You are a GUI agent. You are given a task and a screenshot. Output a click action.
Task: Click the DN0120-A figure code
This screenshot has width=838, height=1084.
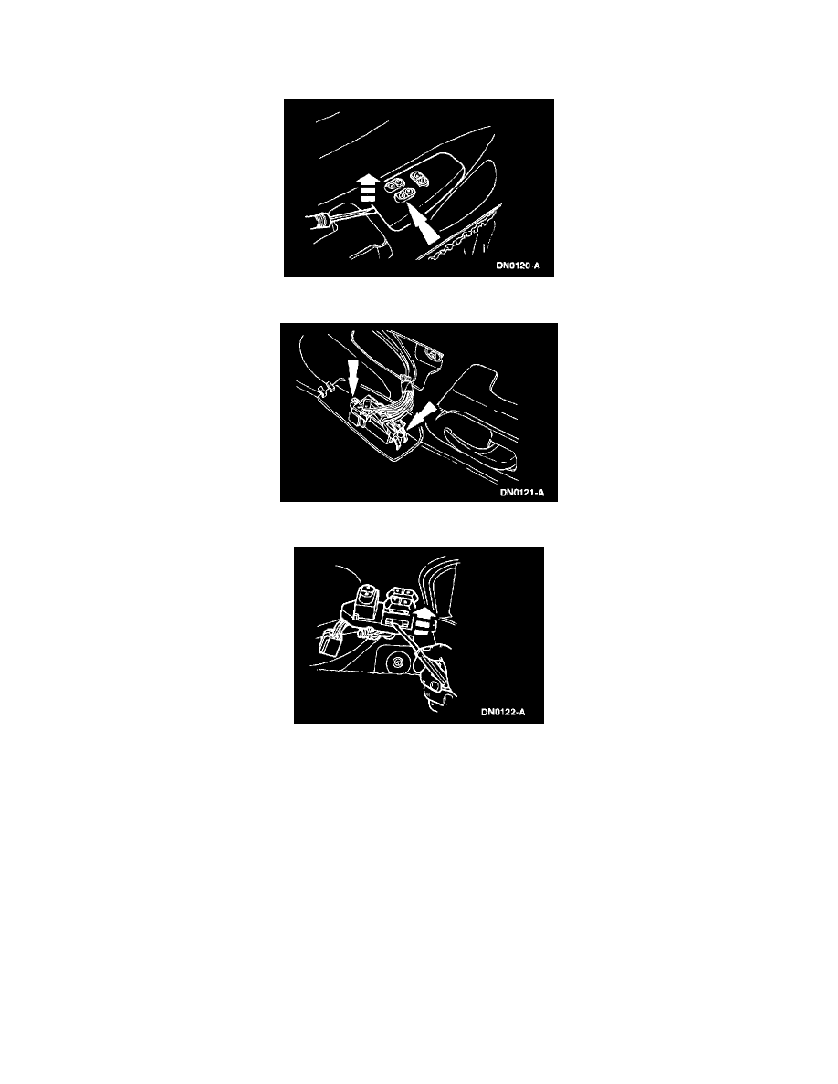click(x=518, y=266)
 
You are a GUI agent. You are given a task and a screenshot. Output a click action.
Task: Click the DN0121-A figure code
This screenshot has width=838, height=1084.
click(x=522, y=493)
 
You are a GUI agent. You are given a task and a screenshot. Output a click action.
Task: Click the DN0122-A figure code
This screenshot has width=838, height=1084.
click(x=503, y=712)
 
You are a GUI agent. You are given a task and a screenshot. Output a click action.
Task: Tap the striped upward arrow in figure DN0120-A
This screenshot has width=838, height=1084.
click(x=368, y=187)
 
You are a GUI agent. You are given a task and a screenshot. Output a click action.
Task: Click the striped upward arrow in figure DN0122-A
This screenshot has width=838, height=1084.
click(x=424, y=622)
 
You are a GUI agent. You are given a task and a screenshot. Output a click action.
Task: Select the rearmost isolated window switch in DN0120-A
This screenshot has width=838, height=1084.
click(x=417, y=177)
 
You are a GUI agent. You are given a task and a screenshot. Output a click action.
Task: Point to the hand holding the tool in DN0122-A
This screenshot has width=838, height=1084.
click(x=435, y=677)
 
